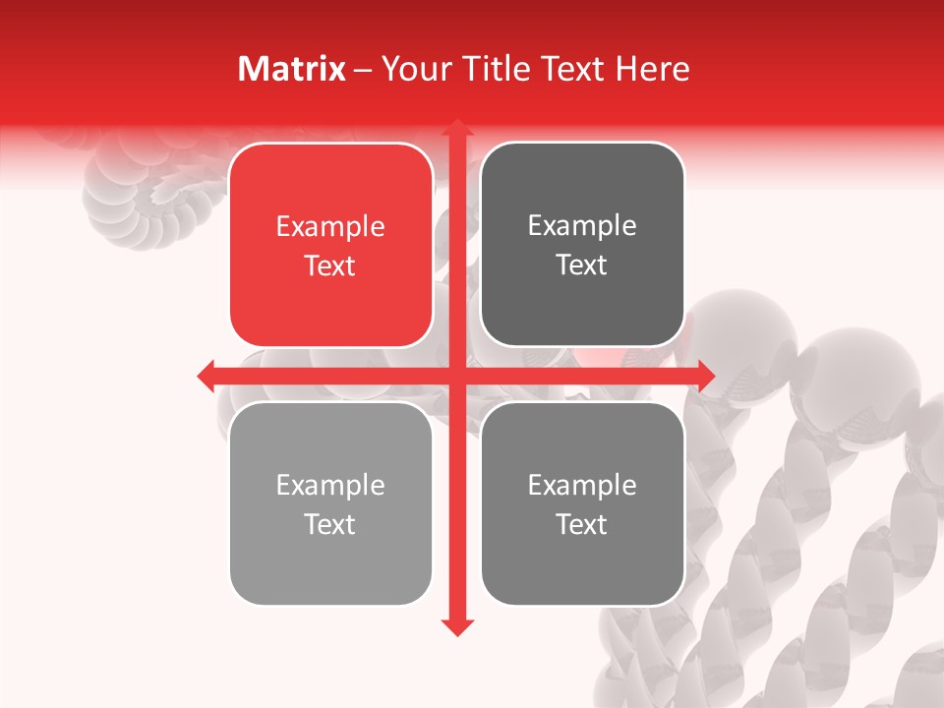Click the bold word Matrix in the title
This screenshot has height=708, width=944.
(292, 69)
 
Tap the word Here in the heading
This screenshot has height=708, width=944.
(652, 69)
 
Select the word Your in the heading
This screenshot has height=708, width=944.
(412, 69)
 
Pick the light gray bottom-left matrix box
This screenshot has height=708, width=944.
(330, 560)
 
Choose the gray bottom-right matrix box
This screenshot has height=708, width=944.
(582, 560)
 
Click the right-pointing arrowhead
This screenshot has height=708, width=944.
(706, 376)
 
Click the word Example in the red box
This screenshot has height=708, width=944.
(330, 227)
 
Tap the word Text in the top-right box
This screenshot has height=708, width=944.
(582, 265)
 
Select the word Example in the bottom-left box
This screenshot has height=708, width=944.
(330, 486)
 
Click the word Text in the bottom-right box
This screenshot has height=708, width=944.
(582, 524)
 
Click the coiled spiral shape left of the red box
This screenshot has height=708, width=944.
(147, 197)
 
